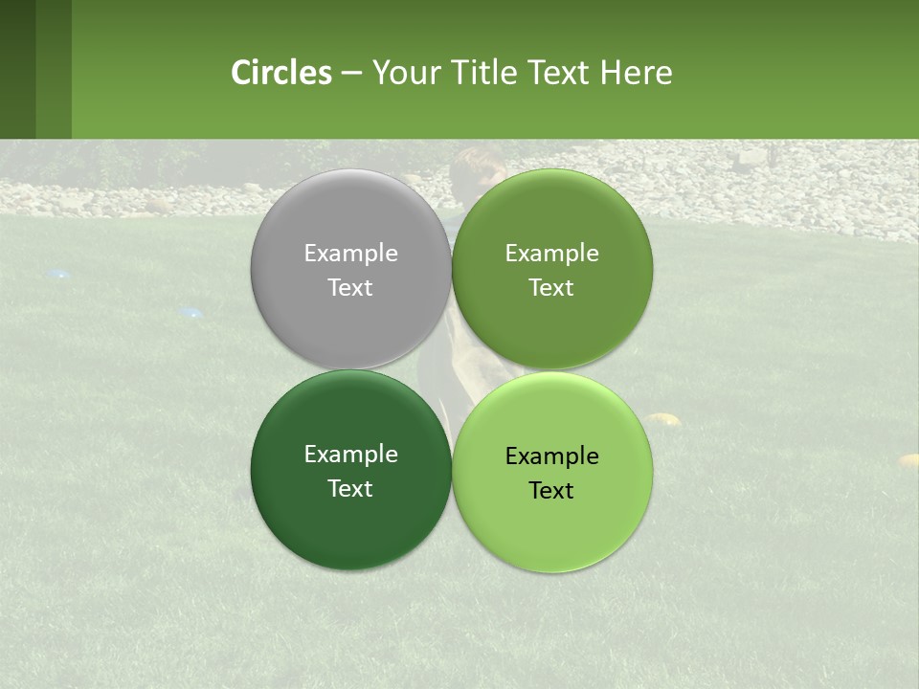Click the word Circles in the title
281,73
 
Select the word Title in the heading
493,73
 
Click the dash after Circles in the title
351,74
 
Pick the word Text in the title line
561,73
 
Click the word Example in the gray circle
350,254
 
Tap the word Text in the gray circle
350,288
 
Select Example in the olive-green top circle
551,254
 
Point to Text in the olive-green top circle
551,288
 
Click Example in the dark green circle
350,455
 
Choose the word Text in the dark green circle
350,489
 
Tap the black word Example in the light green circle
551,456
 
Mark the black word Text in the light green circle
551,491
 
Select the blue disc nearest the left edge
59,275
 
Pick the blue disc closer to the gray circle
191,312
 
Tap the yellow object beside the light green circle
662,418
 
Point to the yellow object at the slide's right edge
908,460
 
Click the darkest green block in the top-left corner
17,69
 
